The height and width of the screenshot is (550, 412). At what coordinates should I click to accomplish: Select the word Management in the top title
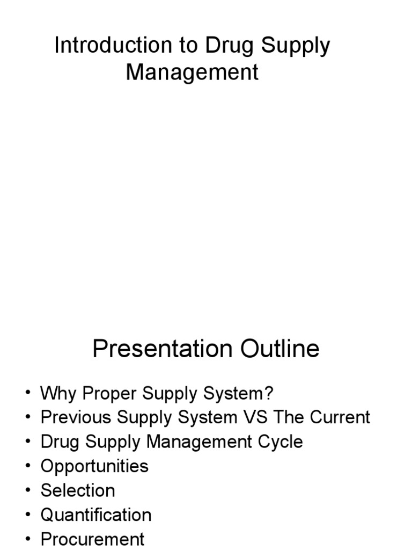coord(192,73)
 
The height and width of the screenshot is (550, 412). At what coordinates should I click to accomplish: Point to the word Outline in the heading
coord(279,350)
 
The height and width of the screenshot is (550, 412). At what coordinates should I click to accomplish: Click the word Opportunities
coord(94,466)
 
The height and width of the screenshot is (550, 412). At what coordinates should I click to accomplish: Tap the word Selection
coord(78,490)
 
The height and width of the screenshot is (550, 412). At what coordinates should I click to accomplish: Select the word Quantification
coord(96,515)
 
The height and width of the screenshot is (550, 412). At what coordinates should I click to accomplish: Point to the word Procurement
coord(92,539)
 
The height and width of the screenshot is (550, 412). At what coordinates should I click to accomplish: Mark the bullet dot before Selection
coord(27,491)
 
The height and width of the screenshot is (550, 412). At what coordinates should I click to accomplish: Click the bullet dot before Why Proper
coord(27,394)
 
